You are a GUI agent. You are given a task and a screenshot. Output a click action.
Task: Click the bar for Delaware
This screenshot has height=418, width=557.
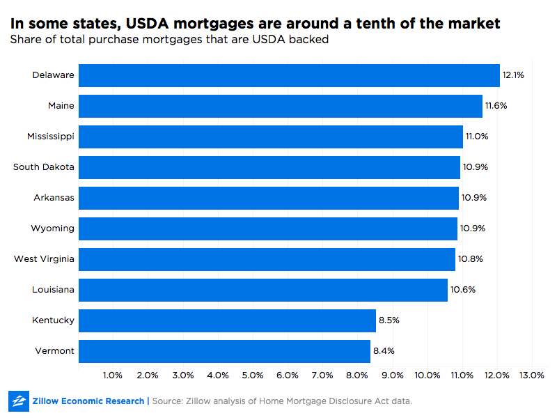[x=289, y=75]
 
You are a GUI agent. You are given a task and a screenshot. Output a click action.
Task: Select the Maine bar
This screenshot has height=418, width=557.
[x=281, y=106]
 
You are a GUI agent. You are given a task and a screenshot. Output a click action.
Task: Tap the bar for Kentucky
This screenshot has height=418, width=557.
[x=227, y=320]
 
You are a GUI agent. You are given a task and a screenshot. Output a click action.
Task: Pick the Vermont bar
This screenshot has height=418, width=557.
[x=224, y=351]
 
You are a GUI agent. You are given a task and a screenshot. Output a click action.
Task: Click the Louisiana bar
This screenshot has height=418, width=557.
[x=263, y=290]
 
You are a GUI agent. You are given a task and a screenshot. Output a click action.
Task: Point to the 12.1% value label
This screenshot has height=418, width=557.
[x=513, y=75]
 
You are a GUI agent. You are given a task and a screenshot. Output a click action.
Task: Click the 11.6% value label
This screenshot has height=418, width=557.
[x=496, y=106]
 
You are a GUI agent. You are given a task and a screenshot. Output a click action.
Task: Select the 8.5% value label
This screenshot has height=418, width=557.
[x=389, y=320]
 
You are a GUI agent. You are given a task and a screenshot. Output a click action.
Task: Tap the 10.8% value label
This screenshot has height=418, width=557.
[x=470, y=259]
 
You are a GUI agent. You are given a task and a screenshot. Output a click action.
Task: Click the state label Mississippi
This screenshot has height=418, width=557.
[x=51, y=137]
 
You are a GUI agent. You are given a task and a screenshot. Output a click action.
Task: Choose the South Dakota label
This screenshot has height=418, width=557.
[x=44, y=167]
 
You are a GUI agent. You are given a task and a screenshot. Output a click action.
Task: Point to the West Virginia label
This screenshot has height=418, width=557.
[x=44, y=259]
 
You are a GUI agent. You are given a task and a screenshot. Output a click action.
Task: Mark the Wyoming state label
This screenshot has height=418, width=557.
[x=53, y=229]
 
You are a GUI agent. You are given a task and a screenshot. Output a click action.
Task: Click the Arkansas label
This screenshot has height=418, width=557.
[x=54, y=198]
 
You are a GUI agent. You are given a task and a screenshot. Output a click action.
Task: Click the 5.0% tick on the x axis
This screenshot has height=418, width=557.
[x=253, y=375]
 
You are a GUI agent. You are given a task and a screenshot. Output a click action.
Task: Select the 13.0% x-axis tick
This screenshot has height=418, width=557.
[x=532, y=375]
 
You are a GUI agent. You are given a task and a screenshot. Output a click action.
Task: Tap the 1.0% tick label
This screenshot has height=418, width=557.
[x=113, y=375]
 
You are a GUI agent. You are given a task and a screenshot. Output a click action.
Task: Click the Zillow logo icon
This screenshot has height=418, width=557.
[x=18, y=401]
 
